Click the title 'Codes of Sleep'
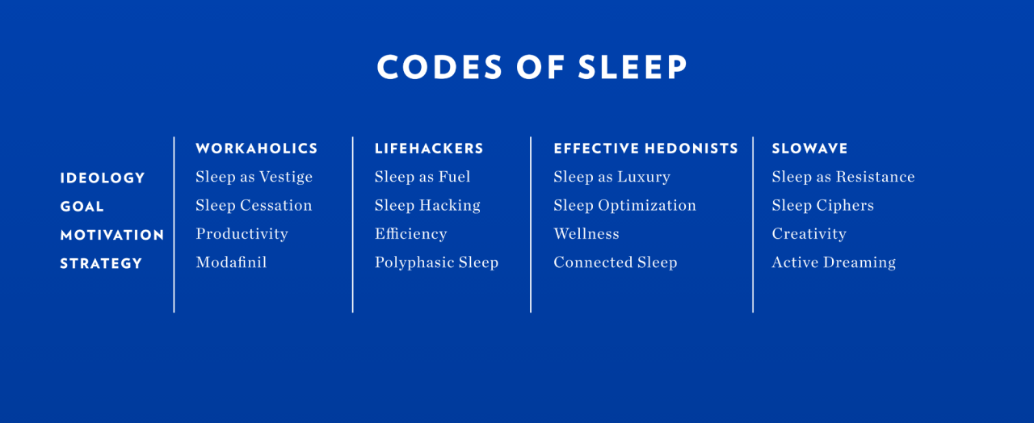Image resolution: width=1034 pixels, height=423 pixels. click(x=532, y=67)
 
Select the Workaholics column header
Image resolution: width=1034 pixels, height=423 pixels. click(x=257, y=149)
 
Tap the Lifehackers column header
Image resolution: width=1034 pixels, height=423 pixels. click(x=429, y=149)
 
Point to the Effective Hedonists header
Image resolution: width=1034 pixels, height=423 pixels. click(x=645, y=149)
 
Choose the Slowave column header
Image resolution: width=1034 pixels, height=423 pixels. click(x=809, y=149)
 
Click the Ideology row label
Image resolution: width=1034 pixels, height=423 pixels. click(x=103, y=178)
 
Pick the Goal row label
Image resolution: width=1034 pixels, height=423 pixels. click(x=82, y=207)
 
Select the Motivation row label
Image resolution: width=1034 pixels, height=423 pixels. click(x=112, y=235)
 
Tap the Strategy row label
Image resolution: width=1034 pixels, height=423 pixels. click(x=101, y=264)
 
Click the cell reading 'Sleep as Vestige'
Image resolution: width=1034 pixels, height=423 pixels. click(x=254, y=177)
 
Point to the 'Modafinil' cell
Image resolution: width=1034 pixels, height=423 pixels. click(x=231, y=262)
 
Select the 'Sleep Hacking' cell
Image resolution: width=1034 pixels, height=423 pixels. click(x=427, y=206)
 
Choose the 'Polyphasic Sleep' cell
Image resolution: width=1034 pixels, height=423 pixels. click(x=437, y=263)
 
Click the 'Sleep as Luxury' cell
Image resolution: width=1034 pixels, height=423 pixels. click(x=612, y=177)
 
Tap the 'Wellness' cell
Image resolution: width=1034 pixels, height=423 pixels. click(x=586, y=234)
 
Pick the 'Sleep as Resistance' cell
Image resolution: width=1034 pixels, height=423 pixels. click(x=843, y=177)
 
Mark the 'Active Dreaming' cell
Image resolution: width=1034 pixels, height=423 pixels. click(x=834, y=263)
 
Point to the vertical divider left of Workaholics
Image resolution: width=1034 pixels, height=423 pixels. click(x=174, y=224)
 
